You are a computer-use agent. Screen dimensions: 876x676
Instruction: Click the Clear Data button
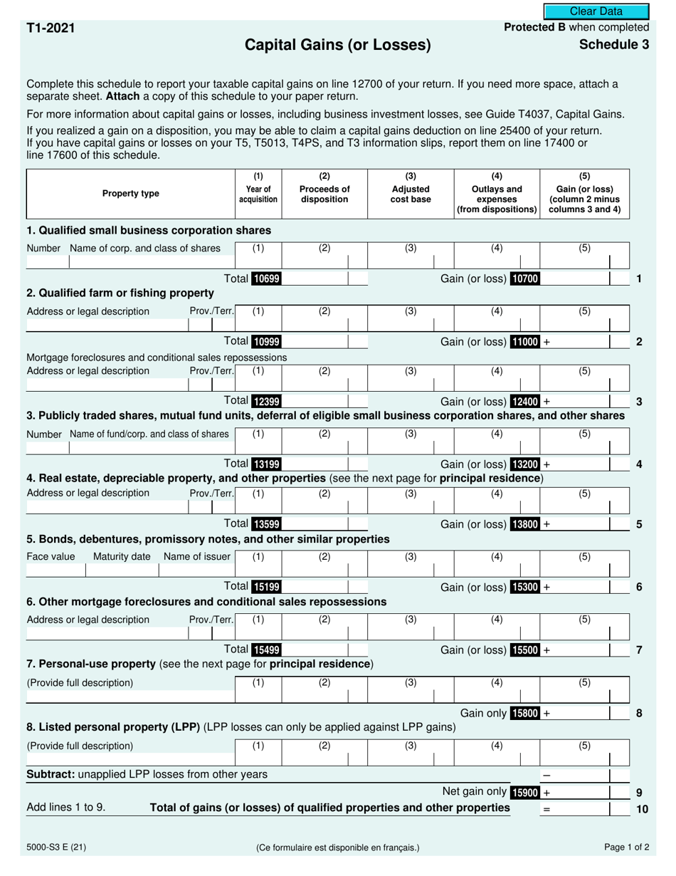pos(596,11)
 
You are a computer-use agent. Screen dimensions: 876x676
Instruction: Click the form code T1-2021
pos(51,28)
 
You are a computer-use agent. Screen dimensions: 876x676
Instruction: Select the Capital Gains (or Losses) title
pos(338,45)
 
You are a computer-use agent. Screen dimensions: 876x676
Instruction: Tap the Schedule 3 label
pos(613,44)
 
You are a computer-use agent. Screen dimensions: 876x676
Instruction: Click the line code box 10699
pos(266,279)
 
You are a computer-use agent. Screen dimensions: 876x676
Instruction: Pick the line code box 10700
pos(525,279)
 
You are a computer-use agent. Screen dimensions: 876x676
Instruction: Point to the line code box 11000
pos(525,342)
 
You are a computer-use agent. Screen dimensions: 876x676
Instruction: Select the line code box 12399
pos(266,402)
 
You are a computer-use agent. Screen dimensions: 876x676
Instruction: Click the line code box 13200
pos(525,464)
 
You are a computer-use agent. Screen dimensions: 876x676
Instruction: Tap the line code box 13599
pos(266,525)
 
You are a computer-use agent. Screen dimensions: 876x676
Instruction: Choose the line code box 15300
pos(525,588)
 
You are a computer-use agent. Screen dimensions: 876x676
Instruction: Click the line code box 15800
pos(525,713)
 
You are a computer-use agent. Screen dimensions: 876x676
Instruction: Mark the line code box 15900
pos(525,792)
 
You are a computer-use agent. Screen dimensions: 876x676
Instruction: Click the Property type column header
pos(131,194)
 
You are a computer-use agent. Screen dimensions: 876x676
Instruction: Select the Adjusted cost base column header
pos(411,194)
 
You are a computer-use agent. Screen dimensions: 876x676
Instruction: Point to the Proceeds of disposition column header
pos(324,194)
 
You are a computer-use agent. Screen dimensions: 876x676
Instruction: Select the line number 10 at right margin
pos(641,808)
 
